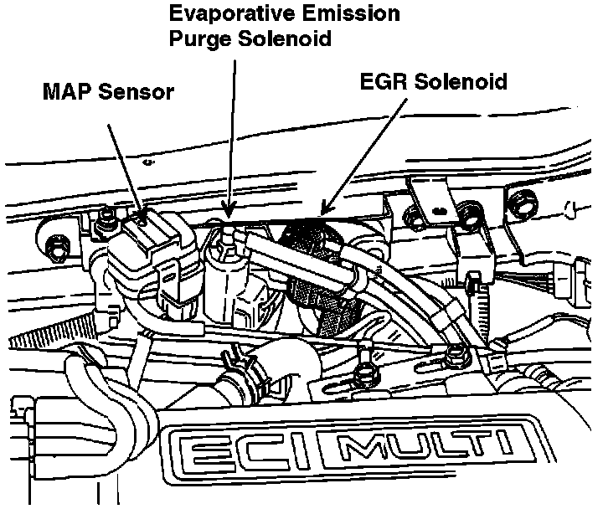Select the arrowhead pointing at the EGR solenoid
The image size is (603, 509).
[323, 209]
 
